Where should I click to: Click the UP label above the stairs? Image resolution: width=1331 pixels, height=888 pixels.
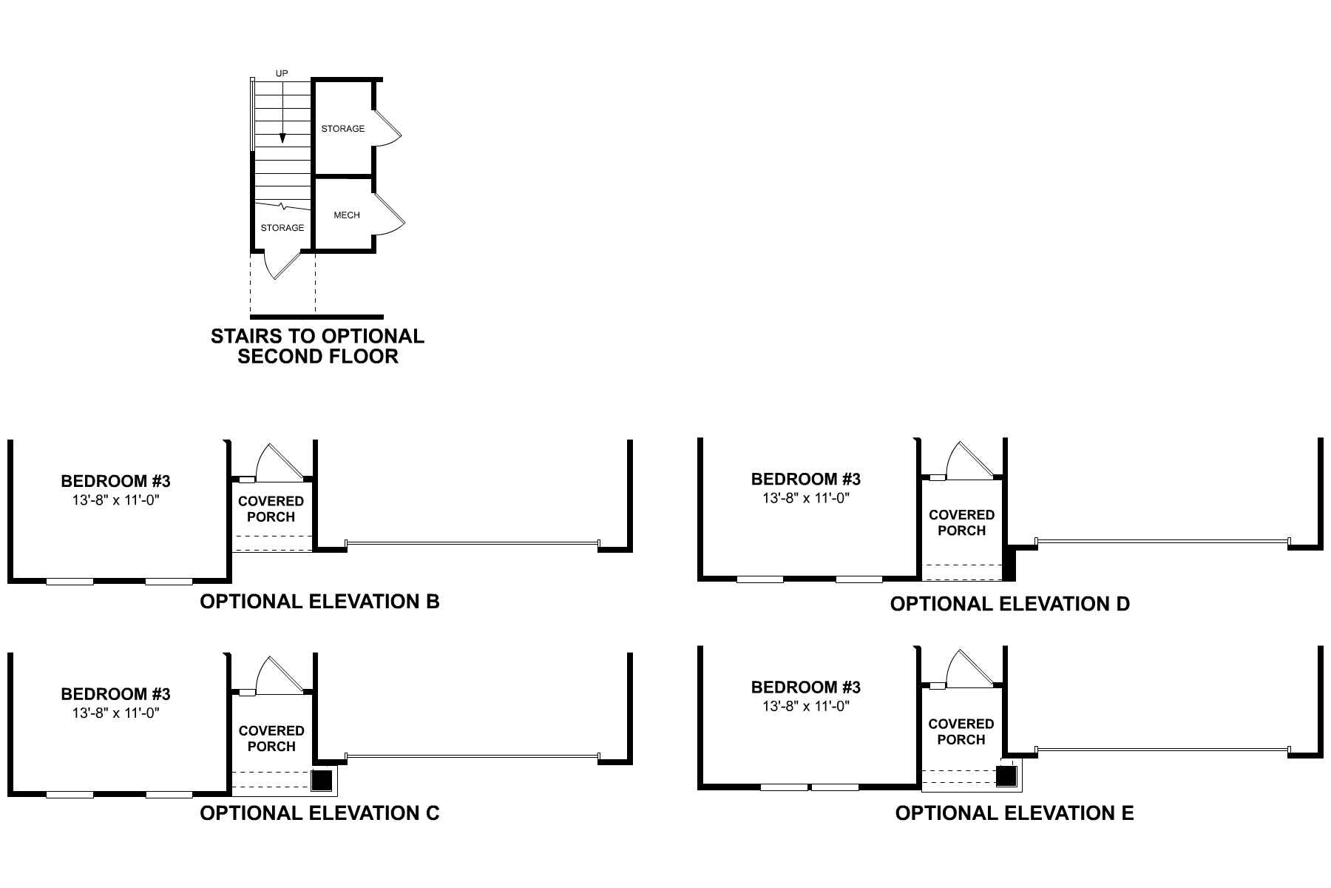click(x=282, y=73)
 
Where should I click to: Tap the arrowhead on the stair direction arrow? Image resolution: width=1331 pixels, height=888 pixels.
click(x=282, y=138)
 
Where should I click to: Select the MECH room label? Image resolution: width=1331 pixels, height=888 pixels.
click(x=347, y=215)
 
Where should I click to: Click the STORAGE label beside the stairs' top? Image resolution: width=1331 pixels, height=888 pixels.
click(x=343, y=129)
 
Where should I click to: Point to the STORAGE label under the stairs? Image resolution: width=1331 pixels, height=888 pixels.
click(x=282, y=228)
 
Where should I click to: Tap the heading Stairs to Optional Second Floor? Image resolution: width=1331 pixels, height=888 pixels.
click(x=318, y=346)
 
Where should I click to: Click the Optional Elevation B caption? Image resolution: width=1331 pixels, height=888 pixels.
click(x=319, y=602)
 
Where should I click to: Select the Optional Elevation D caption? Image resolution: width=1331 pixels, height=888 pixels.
click(x=1009, y=604)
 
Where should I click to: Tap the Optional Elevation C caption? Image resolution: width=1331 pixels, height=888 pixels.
click(x=319, y=813)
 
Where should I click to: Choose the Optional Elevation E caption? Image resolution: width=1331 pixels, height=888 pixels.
click(x=1014, y=813)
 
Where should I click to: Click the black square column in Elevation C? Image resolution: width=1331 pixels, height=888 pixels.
click(x=322, y=781)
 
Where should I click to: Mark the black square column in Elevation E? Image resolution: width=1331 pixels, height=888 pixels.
click(x=1006, y=776)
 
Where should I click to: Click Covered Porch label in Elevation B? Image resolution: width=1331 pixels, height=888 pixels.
click(x=271, y=509)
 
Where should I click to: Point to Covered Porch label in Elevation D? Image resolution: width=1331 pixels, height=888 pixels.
click(x=961, y=522)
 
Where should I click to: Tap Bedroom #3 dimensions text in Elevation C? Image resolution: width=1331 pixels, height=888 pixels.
click(x=116, y=713)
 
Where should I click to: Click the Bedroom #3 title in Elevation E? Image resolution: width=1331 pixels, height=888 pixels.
click(x=805, y=687)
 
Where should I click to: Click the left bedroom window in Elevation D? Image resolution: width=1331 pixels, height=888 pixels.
click(x=760, y=579)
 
